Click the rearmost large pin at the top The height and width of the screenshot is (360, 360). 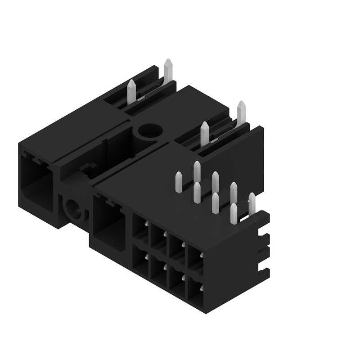[168, 70]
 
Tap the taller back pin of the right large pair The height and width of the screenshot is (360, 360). [241, 112]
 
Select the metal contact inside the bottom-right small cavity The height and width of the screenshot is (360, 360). [201, 287]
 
